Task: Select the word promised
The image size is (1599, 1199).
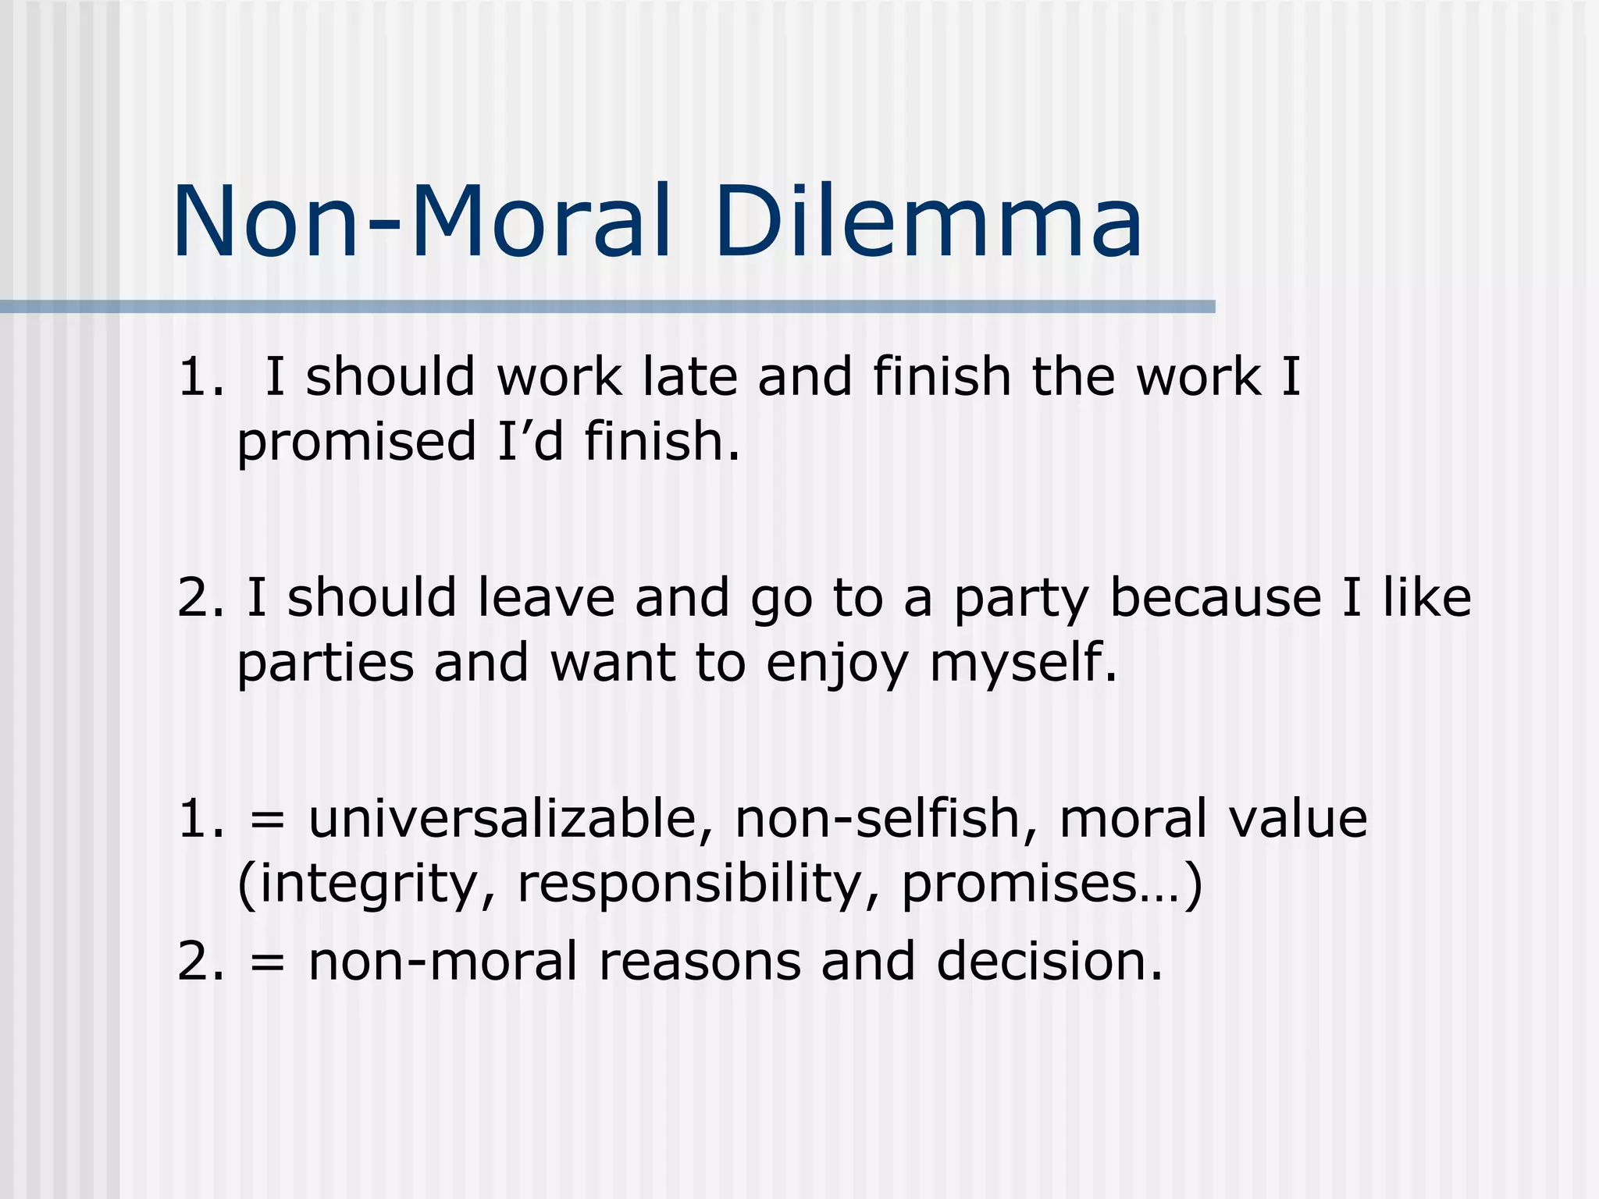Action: point(356,443)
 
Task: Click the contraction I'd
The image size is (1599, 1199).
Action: point(529,441)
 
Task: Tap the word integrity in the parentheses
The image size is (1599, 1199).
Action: point(367,885)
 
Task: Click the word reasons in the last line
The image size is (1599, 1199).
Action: point(700,962)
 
